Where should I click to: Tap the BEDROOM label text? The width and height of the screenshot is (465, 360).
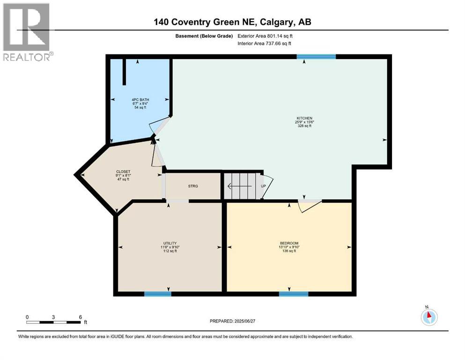tap(289, 243)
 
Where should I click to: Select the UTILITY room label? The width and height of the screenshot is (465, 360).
tap(169, 243)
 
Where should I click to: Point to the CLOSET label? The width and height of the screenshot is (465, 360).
tap(123, 172)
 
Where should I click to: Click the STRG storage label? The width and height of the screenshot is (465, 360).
tap(193, 186)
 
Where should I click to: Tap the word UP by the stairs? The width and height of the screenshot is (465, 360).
tap(263, 186)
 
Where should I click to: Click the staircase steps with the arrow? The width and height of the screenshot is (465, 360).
tap(240, 186)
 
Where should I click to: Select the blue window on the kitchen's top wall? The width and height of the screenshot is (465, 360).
tap(316, 57)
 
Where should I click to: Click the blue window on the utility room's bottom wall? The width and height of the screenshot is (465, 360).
tap(157, 294)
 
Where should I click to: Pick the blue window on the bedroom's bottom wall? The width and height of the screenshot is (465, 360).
tap(293, 294)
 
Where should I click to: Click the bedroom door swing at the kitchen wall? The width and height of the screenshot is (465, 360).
tap(309, 205)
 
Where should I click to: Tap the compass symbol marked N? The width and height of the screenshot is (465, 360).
tap(428, 316)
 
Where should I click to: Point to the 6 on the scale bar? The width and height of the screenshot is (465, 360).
tap(81, 317)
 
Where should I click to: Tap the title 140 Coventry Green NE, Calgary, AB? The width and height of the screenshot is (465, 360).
tap(233, 22)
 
